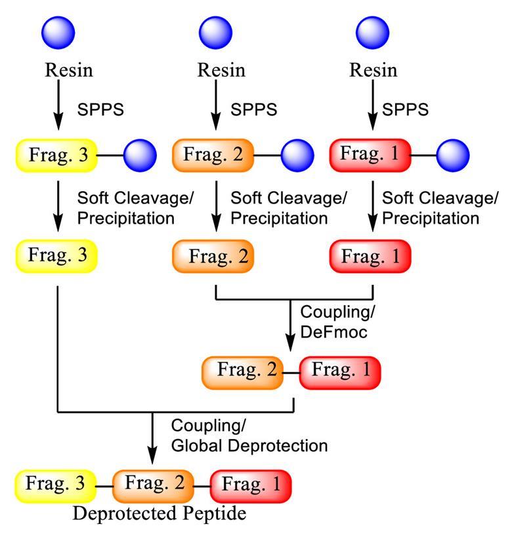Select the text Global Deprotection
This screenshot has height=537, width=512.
tap(249, 446)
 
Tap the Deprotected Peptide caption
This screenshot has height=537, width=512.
tap(160, 513)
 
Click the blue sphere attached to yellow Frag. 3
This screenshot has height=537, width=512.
tap(139, 156)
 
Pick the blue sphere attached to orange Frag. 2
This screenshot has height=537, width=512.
tap(298, 156)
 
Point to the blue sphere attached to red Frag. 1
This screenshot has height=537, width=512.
tap(453, 156)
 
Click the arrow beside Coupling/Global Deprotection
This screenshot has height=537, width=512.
tap(152, 437)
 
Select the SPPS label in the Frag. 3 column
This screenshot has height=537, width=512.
tap(100, 108)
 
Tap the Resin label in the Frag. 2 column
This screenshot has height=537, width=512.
tap(221, 70)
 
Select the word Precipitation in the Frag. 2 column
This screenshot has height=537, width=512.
tap(279, 217)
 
